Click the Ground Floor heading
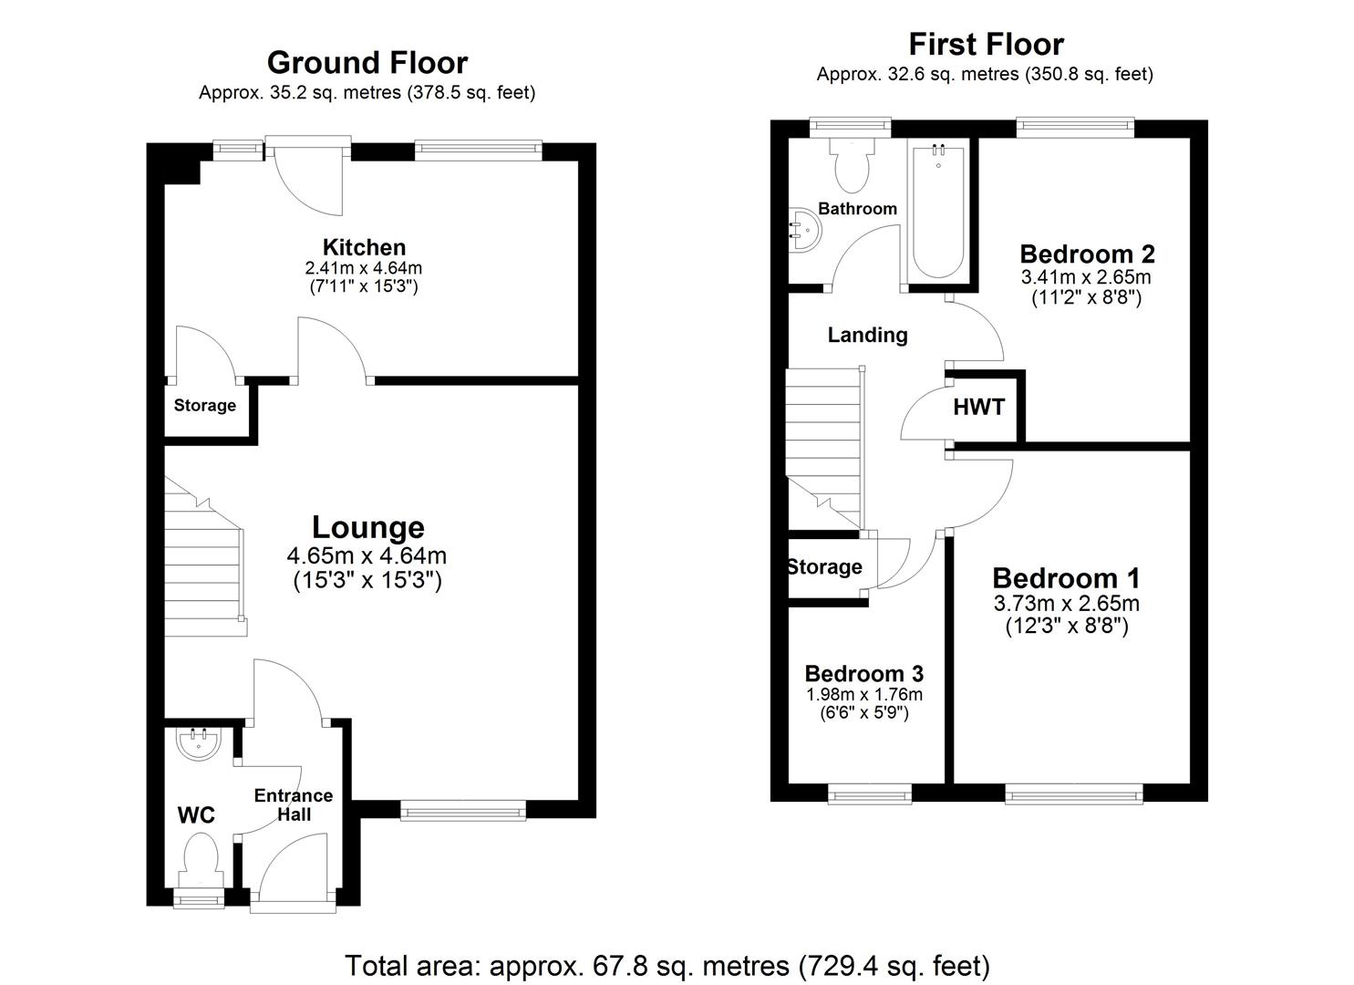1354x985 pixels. [367, 63]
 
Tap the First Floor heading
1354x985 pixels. [985, 45]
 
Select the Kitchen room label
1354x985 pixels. [364, 247]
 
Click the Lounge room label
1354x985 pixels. [367, 527]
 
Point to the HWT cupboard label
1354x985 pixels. [978, 408]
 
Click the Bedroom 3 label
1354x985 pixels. [863, 674]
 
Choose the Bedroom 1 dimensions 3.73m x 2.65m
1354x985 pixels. [1066, 604]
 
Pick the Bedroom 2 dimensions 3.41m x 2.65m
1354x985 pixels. [1086, 277]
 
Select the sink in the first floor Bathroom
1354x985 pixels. [803, 228]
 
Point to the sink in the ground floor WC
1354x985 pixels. [199, 743]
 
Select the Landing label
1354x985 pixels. [867, 335]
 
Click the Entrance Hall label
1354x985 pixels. [293, 804]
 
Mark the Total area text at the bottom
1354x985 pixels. [667, 965]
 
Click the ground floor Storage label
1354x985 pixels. [204, 406]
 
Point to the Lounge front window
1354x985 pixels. [463, 809]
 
